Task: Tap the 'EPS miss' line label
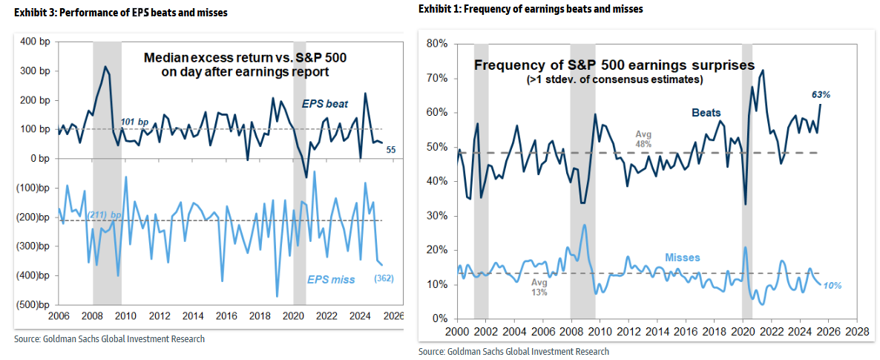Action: coord(331,280)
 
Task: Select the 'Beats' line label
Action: coord(706,112)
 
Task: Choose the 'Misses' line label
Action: coord(683,258)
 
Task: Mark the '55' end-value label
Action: coord(391,150)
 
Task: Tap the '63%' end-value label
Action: coord(821,95)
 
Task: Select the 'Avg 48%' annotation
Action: coord(643,139)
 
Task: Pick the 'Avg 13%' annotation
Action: coord(539,287)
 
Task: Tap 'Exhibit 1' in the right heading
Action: coord(439,9)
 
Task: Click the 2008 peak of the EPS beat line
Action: coord(105,67)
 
